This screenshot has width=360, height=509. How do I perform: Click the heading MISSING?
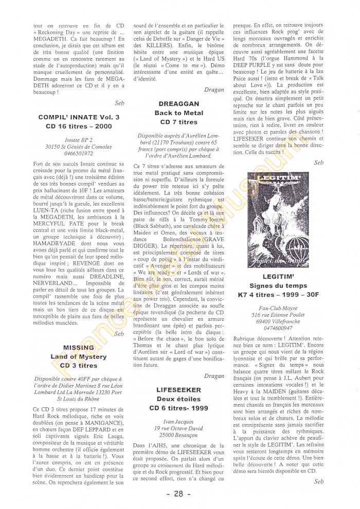[x=79, y=347]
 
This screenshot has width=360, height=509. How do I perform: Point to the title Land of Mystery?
[x=79, y=356]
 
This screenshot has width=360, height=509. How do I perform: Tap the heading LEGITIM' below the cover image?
[x=278, y=276]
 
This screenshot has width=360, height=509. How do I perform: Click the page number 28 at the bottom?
[x=179, y=494]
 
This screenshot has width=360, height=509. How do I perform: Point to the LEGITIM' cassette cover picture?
[x=278, y=219]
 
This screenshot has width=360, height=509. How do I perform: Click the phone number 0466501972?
[x=79, y=153]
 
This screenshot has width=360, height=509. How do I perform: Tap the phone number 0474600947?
[x=278, y=328]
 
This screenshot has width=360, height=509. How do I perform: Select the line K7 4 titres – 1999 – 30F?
[x=278, y=295]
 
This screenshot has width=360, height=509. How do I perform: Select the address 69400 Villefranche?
[x=278, y=321]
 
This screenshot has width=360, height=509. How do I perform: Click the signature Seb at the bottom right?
[x=319, y=481]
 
